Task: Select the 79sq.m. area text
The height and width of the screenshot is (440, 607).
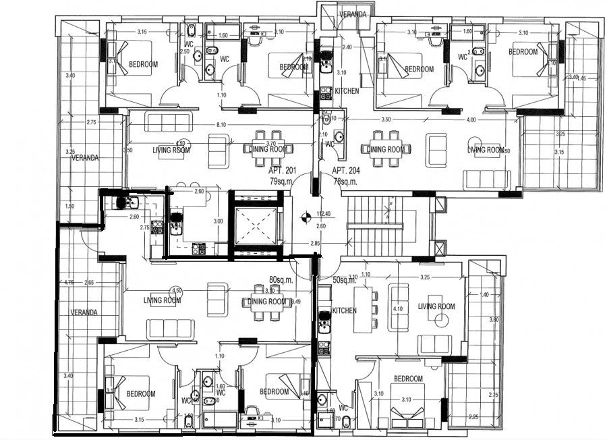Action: [281, 181]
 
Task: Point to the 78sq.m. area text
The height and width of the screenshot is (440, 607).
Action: [346, 181]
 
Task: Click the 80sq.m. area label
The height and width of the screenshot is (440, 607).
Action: [281, 279]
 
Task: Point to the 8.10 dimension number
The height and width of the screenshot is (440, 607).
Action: [221, 126]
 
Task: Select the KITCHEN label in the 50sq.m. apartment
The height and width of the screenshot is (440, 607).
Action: [344, 311]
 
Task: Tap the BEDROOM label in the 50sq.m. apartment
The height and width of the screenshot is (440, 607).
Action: [408, 379]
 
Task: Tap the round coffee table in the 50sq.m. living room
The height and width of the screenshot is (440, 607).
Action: [442, 322]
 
